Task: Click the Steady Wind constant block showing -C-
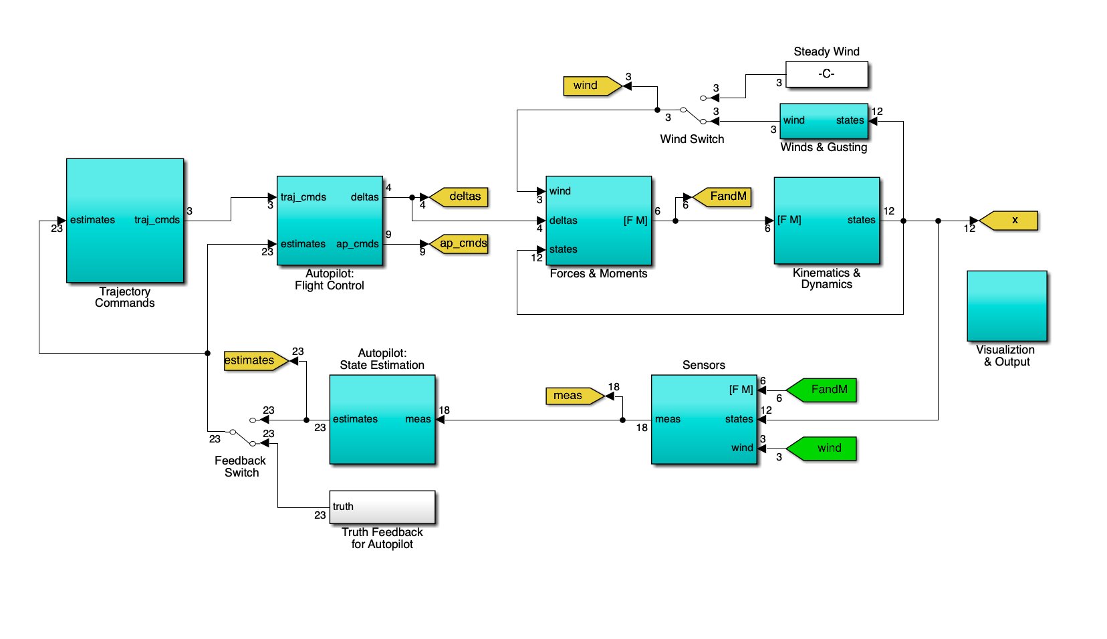826,74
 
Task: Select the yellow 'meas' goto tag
572,396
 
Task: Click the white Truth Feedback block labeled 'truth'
382,507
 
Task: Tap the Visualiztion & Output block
1006,305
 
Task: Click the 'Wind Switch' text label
692,139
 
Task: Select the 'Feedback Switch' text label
241,467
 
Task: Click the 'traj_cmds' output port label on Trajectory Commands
156,220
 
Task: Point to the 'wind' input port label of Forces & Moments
560,191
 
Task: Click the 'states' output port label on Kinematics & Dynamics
861,220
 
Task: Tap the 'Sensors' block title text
703,365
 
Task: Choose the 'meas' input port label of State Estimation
418,419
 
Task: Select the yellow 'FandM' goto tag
723,197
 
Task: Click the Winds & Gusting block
824,121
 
